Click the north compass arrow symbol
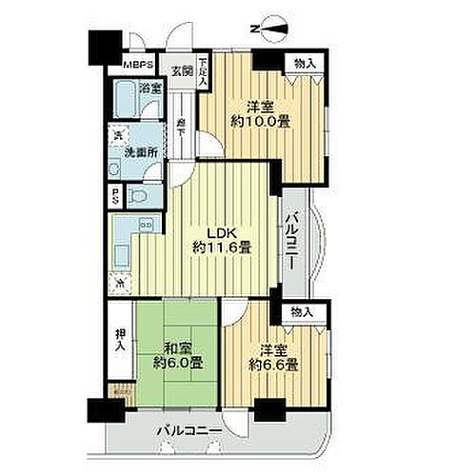click(261, 28)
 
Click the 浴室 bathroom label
click(149, 88)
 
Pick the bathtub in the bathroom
click(124, 100)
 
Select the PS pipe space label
click(115, 197)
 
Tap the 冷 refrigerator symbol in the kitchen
click(119, 281)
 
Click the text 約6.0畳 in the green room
click(178, 362)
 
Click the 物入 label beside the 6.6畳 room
click(302, 312)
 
